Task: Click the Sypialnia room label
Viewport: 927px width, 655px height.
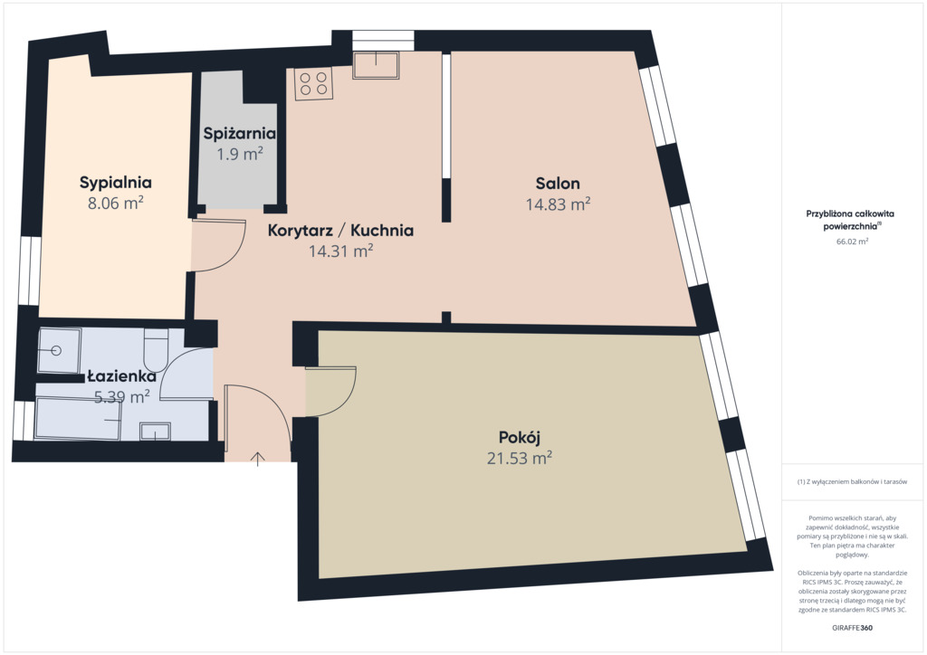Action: click(x=116, y=183)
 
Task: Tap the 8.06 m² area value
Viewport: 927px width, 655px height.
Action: click(x=116, y=204)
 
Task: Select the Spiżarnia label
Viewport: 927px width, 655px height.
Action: click(x=239, y=134)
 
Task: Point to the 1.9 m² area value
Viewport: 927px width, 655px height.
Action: click(x=239, y=154)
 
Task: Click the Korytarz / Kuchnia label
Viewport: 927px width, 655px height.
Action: click(x=340, y=231)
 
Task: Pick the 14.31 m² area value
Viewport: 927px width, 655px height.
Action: click(x=340, y=251)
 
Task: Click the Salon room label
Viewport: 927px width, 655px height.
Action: click(x=558, y=183)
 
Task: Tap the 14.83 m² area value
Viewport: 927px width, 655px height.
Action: click(x=558, y=204)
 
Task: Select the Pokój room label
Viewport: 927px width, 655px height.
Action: click(x=520, y=438)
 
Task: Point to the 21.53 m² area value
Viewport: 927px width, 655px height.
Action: click(x=520, y=459)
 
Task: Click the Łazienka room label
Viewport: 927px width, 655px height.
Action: click(x=122, y=376)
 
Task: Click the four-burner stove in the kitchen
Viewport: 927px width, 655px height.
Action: click(x=314, y=83)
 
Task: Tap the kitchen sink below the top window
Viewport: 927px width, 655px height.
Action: click(x=376, y=65)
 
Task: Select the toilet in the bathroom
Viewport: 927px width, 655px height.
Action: click(x=156, y=349)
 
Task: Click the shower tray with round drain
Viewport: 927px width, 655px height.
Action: click(x=59, y=351)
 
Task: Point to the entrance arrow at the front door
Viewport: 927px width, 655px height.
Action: click(x=257, y=459)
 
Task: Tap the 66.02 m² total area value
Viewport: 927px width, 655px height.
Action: click(x=852, y=241)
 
